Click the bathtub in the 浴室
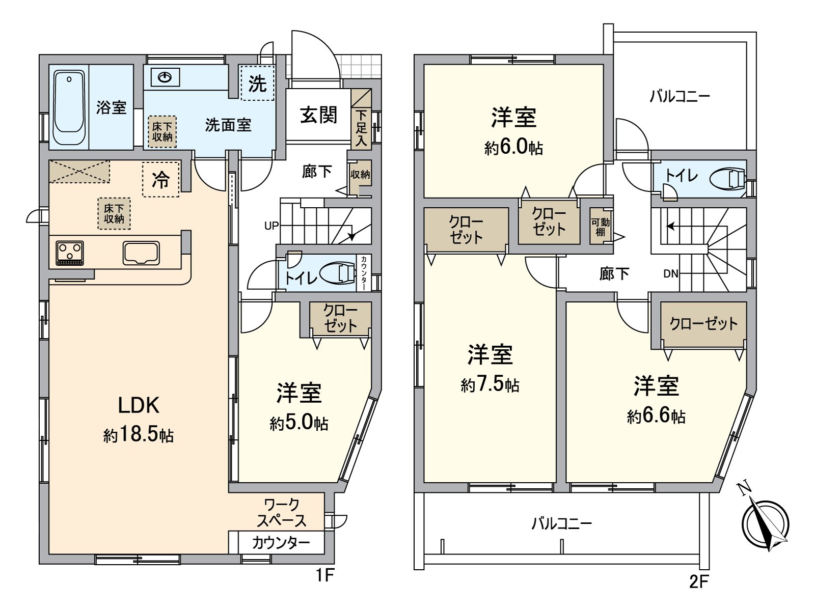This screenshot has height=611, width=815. pyautogui.click(x=69, y=107)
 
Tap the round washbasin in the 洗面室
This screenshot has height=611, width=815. pyautogui.click(x=166, y=77)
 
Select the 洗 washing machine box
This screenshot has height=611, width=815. pyautogui.click(x=257, y=83)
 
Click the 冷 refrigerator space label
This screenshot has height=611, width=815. pyautogui.click(x=161, y=179)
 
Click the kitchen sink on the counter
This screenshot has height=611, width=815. pyautogui.click(x=141, y=253)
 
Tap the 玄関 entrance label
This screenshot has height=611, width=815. pyautogui.click(x=318, y=115)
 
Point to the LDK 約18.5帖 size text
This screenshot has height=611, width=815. pyautogui.click(x=139, y=435)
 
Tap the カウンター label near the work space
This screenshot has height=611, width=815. pyautogui.click(x=281, y=543)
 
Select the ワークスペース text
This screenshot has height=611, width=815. pyautogui.click(x=282, y=513)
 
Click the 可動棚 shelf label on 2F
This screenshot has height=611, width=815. pyautogui.click(x=600, y=227)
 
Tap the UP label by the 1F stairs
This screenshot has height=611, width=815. pyautogui.click(x=271, y=226)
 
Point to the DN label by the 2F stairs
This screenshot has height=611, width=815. pyautogui.click(x=671, y=274)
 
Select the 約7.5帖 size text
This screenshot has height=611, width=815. pyautogui.click(x=490, y=385)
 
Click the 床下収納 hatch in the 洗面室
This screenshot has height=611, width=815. pyautogui.click(x=162, y=132)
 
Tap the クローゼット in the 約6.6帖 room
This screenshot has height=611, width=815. pyautogui.click(x=703, y=323)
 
